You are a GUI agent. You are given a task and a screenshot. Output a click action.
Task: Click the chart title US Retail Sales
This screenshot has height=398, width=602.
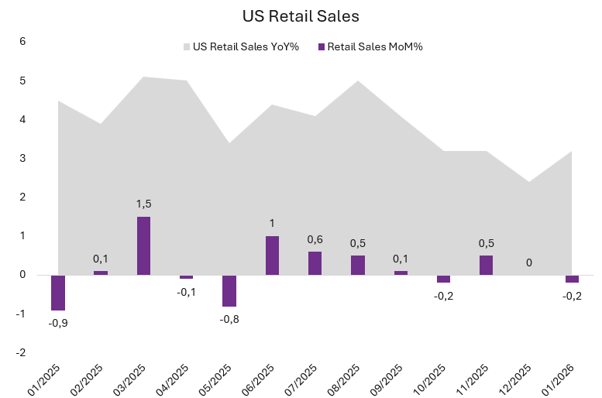point(301,16)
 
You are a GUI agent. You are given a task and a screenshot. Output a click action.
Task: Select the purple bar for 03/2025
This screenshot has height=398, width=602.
point(143,245)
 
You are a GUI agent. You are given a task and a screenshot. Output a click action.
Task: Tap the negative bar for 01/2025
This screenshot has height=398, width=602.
point(58,292)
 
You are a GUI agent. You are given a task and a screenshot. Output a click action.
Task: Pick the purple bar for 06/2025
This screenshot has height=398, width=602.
point(272,256)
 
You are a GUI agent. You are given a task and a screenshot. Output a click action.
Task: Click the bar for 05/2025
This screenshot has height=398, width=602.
point(229,290)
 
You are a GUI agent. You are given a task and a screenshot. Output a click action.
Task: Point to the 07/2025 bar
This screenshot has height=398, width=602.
point(315,263)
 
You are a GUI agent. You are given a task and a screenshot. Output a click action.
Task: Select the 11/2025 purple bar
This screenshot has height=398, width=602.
point(486,265)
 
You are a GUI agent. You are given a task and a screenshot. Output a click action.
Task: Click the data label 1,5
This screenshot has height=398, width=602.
point(143,204)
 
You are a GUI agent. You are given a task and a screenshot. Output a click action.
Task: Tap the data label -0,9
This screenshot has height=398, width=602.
point(58,323)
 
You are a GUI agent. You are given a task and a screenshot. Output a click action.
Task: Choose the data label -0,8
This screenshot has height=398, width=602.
point(229,319)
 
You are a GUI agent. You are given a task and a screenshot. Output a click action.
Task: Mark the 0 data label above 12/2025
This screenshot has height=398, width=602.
point(528,262)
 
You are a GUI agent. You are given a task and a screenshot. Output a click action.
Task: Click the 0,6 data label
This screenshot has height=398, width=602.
point(315,239)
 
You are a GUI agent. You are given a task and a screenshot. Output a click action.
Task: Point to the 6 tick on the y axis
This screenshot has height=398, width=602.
point(22,42)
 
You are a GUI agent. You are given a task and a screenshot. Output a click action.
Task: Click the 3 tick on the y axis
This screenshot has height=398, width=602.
point(22,158)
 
